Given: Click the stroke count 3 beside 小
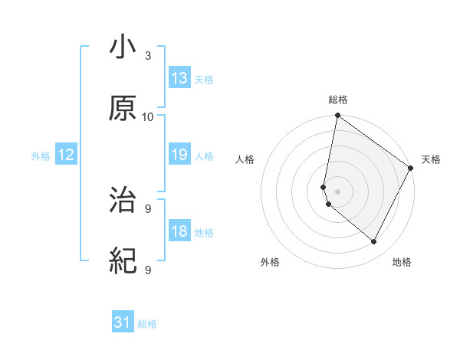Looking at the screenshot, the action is [148, 56].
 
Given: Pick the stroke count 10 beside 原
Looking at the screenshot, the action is [148, 117].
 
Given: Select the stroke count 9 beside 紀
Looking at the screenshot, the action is [148, 270].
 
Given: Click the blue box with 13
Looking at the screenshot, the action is [179, 78].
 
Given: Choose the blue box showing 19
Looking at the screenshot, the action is [179, 155].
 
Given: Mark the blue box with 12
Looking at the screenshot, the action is [66, 155].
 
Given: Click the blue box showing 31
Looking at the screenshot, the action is [123, 323].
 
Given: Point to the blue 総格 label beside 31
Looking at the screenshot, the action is [147, 324].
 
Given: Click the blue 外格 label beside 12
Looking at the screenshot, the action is [41, 156].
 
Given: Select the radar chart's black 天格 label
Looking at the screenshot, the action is [431, 159].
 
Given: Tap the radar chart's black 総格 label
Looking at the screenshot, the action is [338, 100].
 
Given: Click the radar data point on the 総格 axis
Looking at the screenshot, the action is [337, 116].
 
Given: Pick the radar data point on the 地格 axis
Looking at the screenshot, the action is [374, 242].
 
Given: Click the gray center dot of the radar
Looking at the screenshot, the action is [337, 191].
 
